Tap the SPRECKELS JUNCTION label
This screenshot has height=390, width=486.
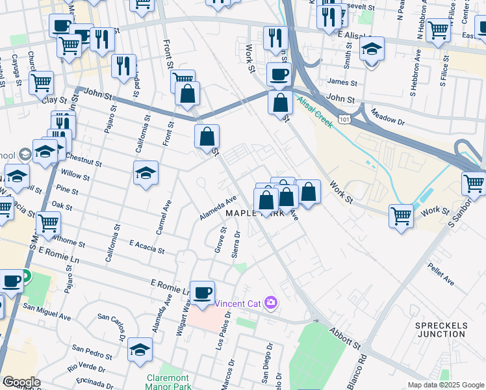pyautogui.click(x=440, y=328)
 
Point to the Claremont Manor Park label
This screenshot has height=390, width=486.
pyautogui.click(x=168, y=382)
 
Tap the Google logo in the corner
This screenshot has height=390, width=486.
pyautogui.click(x=21, y=382)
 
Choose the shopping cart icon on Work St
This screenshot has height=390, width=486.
pyautogui.click(x=401, y=215)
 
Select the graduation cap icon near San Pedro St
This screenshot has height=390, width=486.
pyautogui.click(x=140, y=349)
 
